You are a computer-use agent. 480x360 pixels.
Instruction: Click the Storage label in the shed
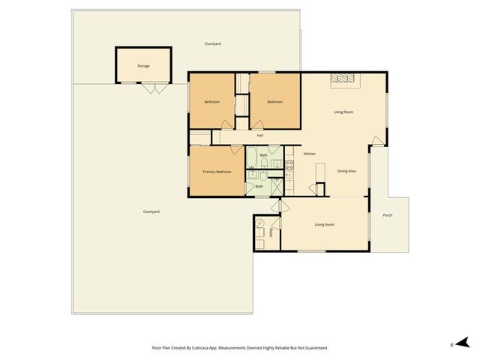tap(143, 66)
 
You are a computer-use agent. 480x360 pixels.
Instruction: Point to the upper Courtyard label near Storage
tap(213, 44)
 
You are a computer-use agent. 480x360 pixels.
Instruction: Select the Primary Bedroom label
tap(217, 172)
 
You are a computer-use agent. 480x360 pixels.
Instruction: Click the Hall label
tap(260, 136)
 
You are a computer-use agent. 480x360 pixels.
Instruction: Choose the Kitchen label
tap(309, 154)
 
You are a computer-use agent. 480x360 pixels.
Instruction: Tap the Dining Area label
tap(346, 171)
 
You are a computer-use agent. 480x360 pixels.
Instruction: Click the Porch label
tap(388, 215)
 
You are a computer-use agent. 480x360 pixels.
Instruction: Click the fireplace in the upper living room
tap(344, 78)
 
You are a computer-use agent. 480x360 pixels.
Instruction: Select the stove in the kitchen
tap(289, 165)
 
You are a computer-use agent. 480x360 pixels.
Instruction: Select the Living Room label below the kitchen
tap(324, 224)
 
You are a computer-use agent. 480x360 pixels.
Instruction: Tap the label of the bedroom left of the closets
tap(212, 102)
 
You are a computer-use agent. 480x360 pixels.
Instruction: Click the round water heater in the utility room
tap(261, 223)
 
